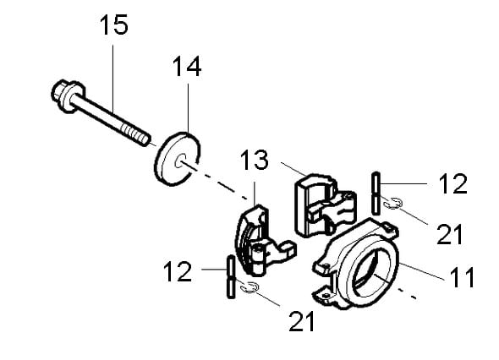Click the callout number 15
pos(114,25)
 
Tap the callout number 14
pos(187,67)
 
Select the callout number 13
pos(254,160)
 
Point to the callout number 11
pos(462,277)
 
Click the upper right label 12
pos(452,184)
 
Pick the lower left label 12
pos(178,271)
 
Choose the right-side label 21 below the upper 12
pos(449,234)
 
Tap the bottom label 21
pos(302,321)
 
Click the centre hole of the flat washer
pos(180,161)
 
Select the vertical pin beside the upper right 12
pos(376,194)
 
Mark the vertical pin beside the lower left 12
pos(231,276)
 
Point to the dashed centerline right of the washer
pos(219,183)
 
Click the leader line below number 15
pos(113,79)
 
